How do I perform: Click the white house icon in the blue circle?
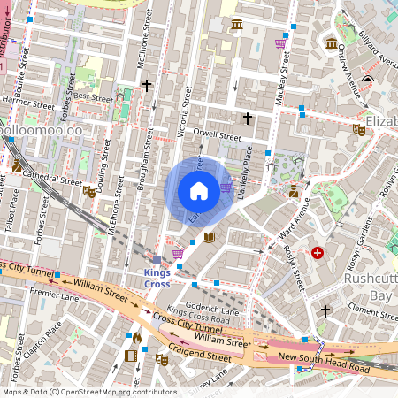[x=199, y=190]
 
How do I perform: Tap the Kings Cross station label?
[x=157, y=278]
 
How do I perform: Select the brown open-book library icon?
[x=209, y=237]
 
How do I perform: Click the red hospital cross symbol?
[x=318, y=253]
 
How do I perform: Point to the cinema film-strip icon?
[x=132, y=356]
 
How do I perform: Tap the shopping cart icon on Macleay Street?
[x=280, y=42]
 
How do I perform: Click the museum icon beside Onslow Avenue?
[x=331, y=43]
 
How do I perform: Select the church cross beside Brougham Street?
[x=147, y=87]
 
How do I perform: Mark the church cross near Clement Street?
[x=325, y=310]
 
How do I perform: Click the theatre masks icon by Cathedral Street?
[x=88, y=191]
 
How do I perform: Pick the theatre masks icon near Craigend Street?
[x=161, y=359]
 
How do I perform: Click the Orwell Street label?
[x=218, y=137]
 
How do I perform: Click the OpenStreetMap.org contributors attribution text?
[x=115, y=391]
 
